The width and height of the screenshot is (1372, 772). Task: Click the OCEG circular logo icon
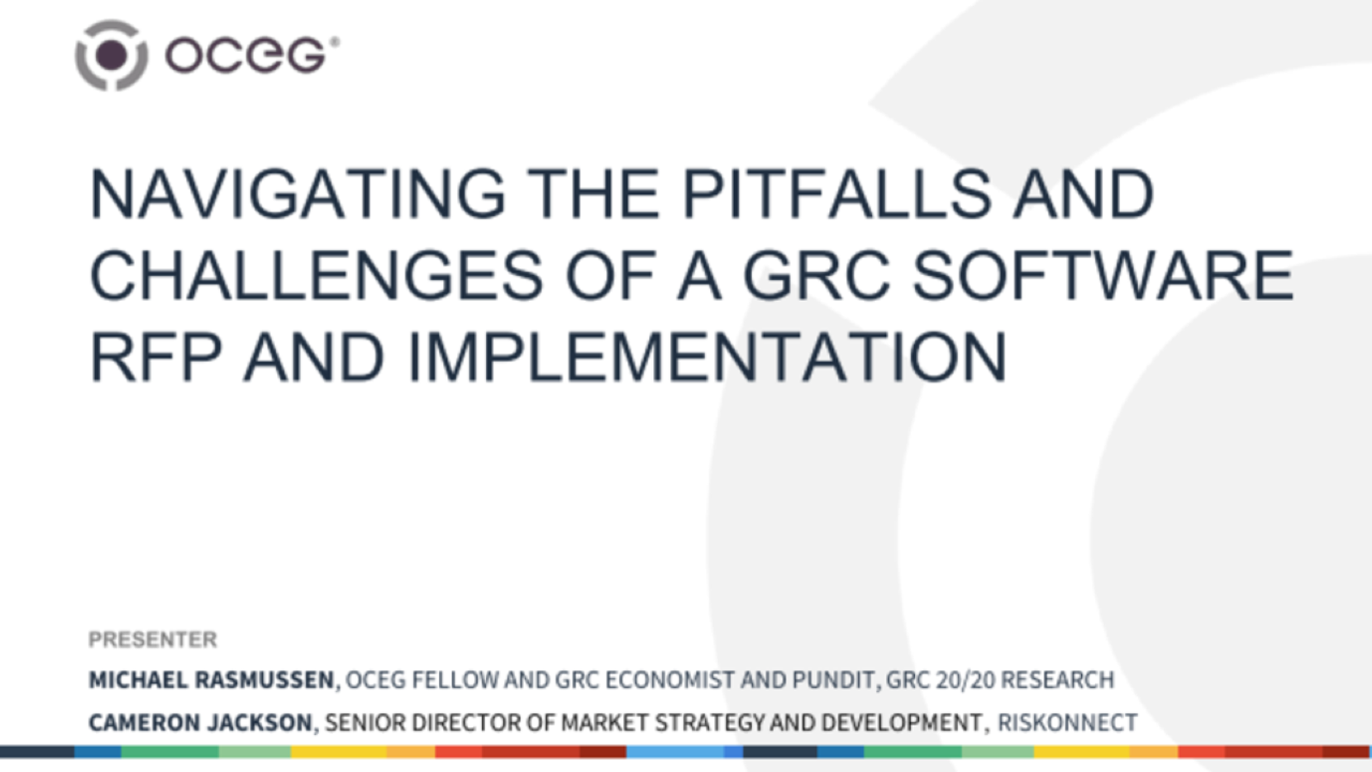[x=112, y=55]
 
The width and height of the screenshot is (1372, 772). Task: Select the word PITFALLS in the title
[x=836, y=194]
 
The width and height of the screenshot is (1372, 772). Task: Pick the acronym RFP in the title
[x=156, y=357]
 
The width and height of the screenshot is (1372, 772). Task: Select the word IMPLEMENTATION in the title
[x=707, y=357]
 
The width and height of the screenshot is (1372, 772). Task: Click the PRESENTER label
[x=153, y=639]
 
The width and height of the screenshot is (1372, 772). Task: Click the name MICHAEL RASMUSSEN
[x=212, y=679]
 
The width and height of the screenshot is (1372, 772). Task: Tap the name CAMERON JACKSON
[x=200, y=722]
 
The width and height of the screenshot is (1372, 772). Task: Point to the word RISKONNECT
[x=1067, y=722]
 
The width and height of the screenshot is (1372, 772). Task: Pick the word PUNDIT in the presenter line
[x=833, y=679]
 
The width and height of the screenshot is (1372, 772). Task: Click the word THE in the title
[x=592, y=194]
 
